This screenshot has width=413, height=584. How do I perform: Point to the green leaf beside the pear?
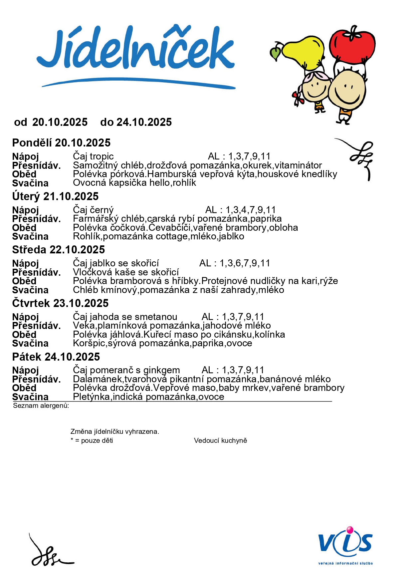point(275,53)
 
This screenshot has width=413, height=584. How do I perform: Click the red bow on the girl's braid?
point(298,98)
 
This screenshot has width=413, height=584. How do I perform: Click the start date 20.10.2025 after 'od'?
point(60,122)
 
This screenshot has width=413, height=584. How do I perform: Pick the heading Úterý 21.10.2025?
point(55,196)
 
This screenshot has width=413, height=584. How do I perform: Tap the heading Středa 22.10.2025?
point(59,249)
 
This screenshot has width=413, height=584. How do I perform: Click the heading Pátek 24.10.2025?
point(56,357)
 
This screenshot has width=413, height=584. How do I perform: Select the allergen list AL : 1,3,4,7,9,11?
point(240,210)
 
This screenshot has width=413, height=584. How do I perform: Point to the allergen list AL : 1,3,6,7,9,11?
point(235,263)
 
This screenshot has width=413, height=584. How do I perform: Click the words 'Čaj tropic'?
point(93,156)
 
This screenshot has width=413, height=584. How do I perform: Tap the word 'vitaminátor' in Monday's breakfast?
point(298,165)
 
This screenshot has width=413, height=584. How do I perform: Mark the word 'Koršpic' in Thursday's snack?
point(88,343)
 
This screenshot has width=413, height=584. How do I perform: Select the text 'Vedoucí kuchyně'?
point(220,440)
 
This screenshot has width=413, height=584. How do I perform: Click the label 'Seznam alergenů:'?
point(41,406)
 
